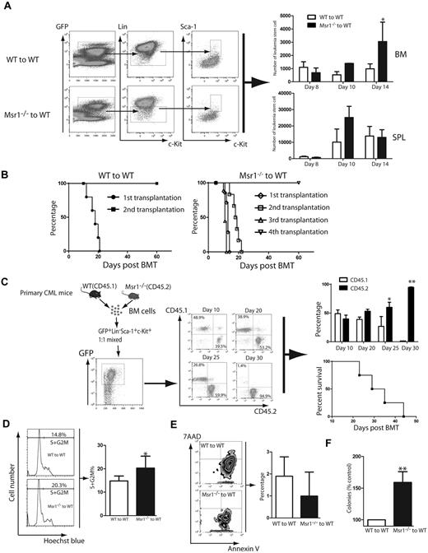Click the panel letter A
click(7, 7)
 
